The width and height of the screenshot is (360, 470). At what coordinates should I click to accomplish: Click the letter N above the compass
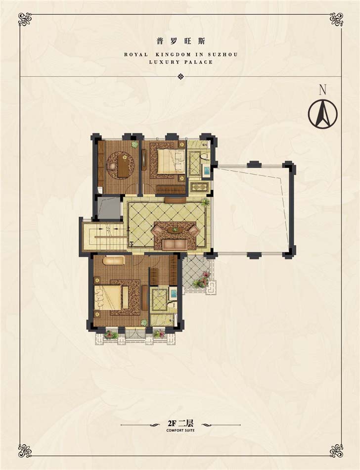(x=322, y=90)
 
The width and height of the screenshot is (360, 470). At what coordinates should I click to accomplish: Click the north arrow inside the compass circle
(x=323, y=114)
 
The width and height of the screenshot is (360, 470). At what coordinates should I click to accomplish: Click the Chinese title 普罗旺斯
(x=180, y=42)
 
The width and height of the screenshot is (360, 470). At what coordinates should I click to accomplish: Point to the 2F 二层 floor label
(x=180, y=423)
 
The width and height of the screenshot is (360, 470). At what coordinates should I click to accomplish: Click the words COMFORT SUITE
(x=180, y=430)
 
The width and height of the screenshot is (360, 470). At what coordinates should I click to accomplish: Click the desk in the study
(x=122, y=165)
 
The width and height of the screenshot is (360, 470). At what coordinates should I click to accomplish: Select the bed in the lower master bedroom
(x=110, y=297)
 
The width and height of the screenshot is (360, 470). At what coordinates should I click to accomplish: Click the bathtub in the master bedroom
(x=114, y=260)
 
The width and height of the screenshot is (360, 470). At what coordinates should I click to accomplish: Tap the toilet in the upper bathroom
(x=205, y=156)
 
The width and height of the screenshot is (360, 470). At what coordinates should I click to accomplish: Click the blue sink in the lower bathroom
(x=173, y=293)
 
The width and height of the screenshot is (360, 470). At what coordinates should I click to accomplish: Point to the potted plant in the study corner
(x=135, y=145)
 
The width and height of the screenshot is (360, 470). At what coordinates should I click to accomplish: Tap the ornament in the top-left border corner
(x=25, y=19)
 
